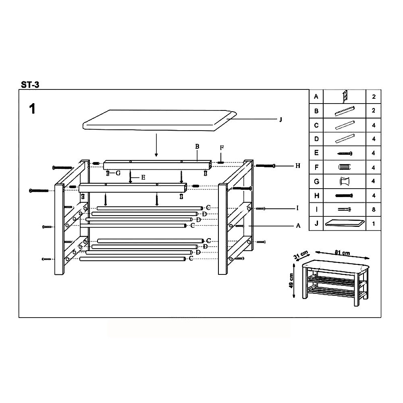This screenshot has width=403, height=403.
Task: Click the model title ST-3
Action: [30, 85]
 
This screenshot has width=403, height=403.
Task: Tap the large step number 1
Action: [32, 109]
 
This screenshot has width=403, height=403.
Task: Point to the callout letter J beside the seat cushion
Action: [280, 120]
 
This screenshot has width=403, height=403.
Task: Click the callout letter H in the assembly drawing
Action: [298, 166]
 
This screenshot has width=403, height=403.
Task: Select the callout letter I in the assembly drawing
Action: [297, 208]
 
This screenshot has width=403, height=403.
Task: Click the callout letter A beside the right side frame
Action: [298, 226]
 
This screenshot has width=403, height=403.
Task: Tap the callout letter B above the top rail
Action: [197, 146]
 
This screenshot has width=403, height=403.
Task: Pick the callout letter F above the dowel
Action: [222, 147]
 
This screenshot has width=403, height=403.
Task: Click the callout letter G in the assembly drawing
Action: [118, 173]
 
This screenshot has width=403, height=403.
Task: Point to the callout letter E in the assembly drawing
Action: [143, 177]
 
